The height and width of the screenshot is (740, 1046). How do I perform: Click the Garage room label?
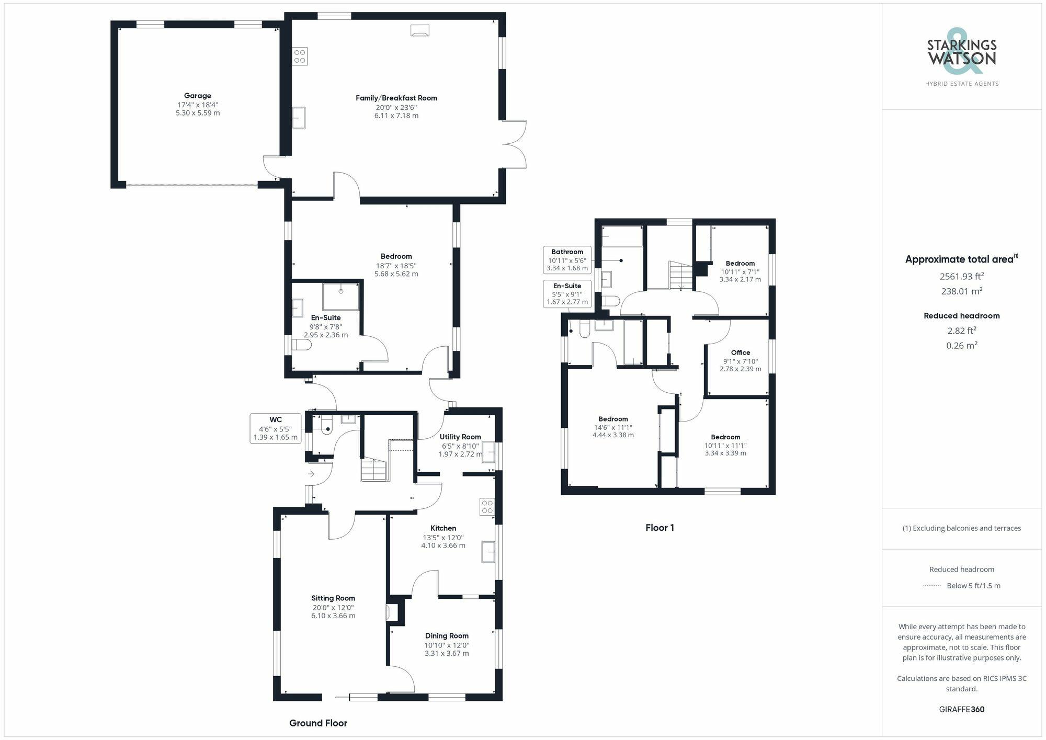click(x=198, y=96)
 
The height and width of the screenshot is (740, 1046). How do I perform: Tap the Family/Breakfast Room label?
click(x=396, y=98)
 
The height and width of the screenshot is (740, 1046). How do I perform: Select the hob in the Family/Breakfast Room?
click(x=300, y=56)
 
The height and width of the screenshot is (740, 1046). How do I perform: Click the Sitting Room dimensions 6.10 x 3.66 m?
click(x=333, y=616)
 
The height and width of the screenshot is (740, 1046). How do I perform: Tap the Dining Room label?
click(x=446, y=636)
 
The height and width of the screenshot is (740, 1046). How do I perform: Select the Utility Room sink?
click(x=488, y=451)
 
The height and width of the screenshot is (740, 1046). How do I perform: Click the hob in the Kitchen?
click(x=487, y=506)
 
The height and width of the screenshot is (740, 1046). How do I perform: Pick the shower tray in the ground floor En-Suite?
click(x=340, y=297)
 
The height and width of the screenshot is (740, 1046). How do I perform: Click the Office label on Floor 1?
click(x=740, y=352)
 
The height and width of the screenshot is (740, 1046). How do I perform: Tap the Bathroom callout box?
click(x=567, y=260)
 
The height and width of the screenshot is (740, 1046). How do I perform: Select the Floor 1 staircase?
click(x=679, y=275)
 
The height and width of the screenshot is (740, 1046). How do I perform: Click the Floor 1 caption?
click(x=660, y=528)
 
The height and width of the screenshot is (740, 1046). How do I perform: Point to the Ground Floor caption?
click(x=318, y=723)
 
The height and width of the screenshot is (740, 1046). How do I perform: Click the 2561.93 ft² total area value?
click(x=961, y=276)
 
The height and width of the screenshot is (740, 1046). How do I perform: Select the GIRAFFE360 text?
click(x=961, y=709)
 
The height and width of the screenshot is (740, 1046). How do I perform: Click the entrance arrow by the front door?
click(x=311, y=474)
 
